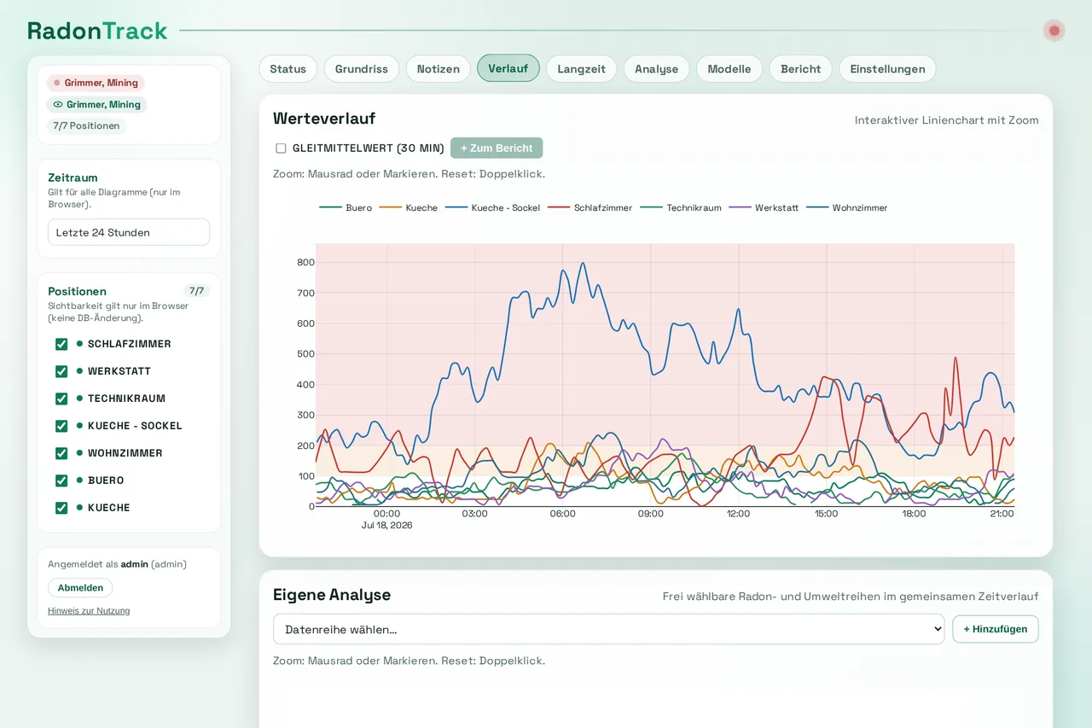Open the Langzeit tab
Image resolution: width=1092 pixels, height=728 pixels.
(581, 69)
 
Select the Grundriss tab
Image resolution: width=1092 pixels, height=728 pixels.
(361, 69)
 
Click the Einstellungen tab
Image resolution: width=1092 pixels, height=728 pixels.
(887, 69)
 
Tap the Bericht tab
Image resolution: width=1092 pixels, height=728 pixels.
(800, 69)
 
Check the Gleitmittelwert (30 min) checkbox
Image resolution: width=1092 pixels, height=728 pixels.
(281, 149)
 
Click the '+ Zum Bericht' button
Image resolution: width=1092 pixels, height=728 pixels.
(497, 148)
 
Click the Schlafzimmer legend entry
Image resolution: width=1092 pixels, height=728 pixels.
(590, 207)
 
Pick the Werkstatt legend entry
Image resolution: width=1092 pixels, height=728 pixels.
(764, 207)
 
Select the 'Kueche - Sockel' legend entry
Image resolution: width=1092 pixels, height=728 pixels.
(493, 207)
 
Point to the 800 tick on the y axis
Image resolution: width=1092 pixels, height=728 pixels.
(305, 262)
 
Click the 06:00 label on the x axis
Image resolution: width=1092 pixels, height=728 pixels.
(562, 514)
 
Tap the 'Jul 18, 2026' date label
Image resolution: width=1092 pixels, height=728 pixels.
(386, 525)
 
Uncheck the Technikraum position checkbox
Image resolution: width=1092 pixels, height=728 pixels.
(61, 399)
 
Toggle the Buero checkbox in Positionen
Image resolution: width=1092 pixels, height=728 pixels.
(61, 480)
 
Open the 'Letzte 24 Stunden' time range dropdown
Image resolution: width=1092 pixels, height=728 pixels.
(129, 232)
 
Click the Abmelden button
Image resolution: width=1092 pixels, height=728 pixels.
(80, 587)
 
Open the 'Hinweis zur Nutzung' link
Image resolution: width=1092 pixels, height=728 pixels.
(89, 611)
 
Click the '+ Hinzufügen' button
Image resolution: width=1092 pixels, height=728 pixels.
(996, 629)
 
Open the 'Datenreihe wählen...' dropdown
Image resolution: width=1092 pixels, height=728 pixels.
(608, 629)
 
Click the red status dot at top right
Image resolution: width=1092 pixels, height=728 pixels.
(1054, 31)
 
